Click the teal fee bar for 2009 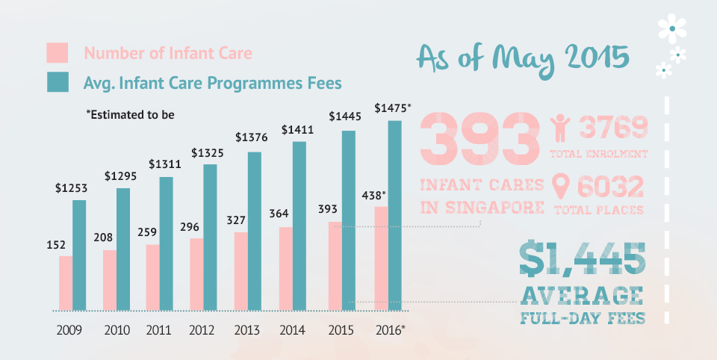[x=79, y=255]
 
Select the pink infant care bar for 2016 [x=381, y=258]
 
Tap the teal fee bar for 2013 [x=255, y=231]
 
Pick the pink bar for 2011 [x=153, y=277]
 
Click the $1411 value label [x=297, y=129]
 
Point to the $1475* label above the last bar [x=393, y=108]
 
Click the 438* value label [x=373, y=195]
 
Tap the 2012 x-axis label [x=202, y=329]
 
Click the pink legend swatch [x=58, y=53]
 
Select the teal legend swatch [x=58, y=81]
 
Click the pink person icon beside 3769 [x=560, y=129]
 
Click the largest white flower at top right [x=672, y=28]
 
